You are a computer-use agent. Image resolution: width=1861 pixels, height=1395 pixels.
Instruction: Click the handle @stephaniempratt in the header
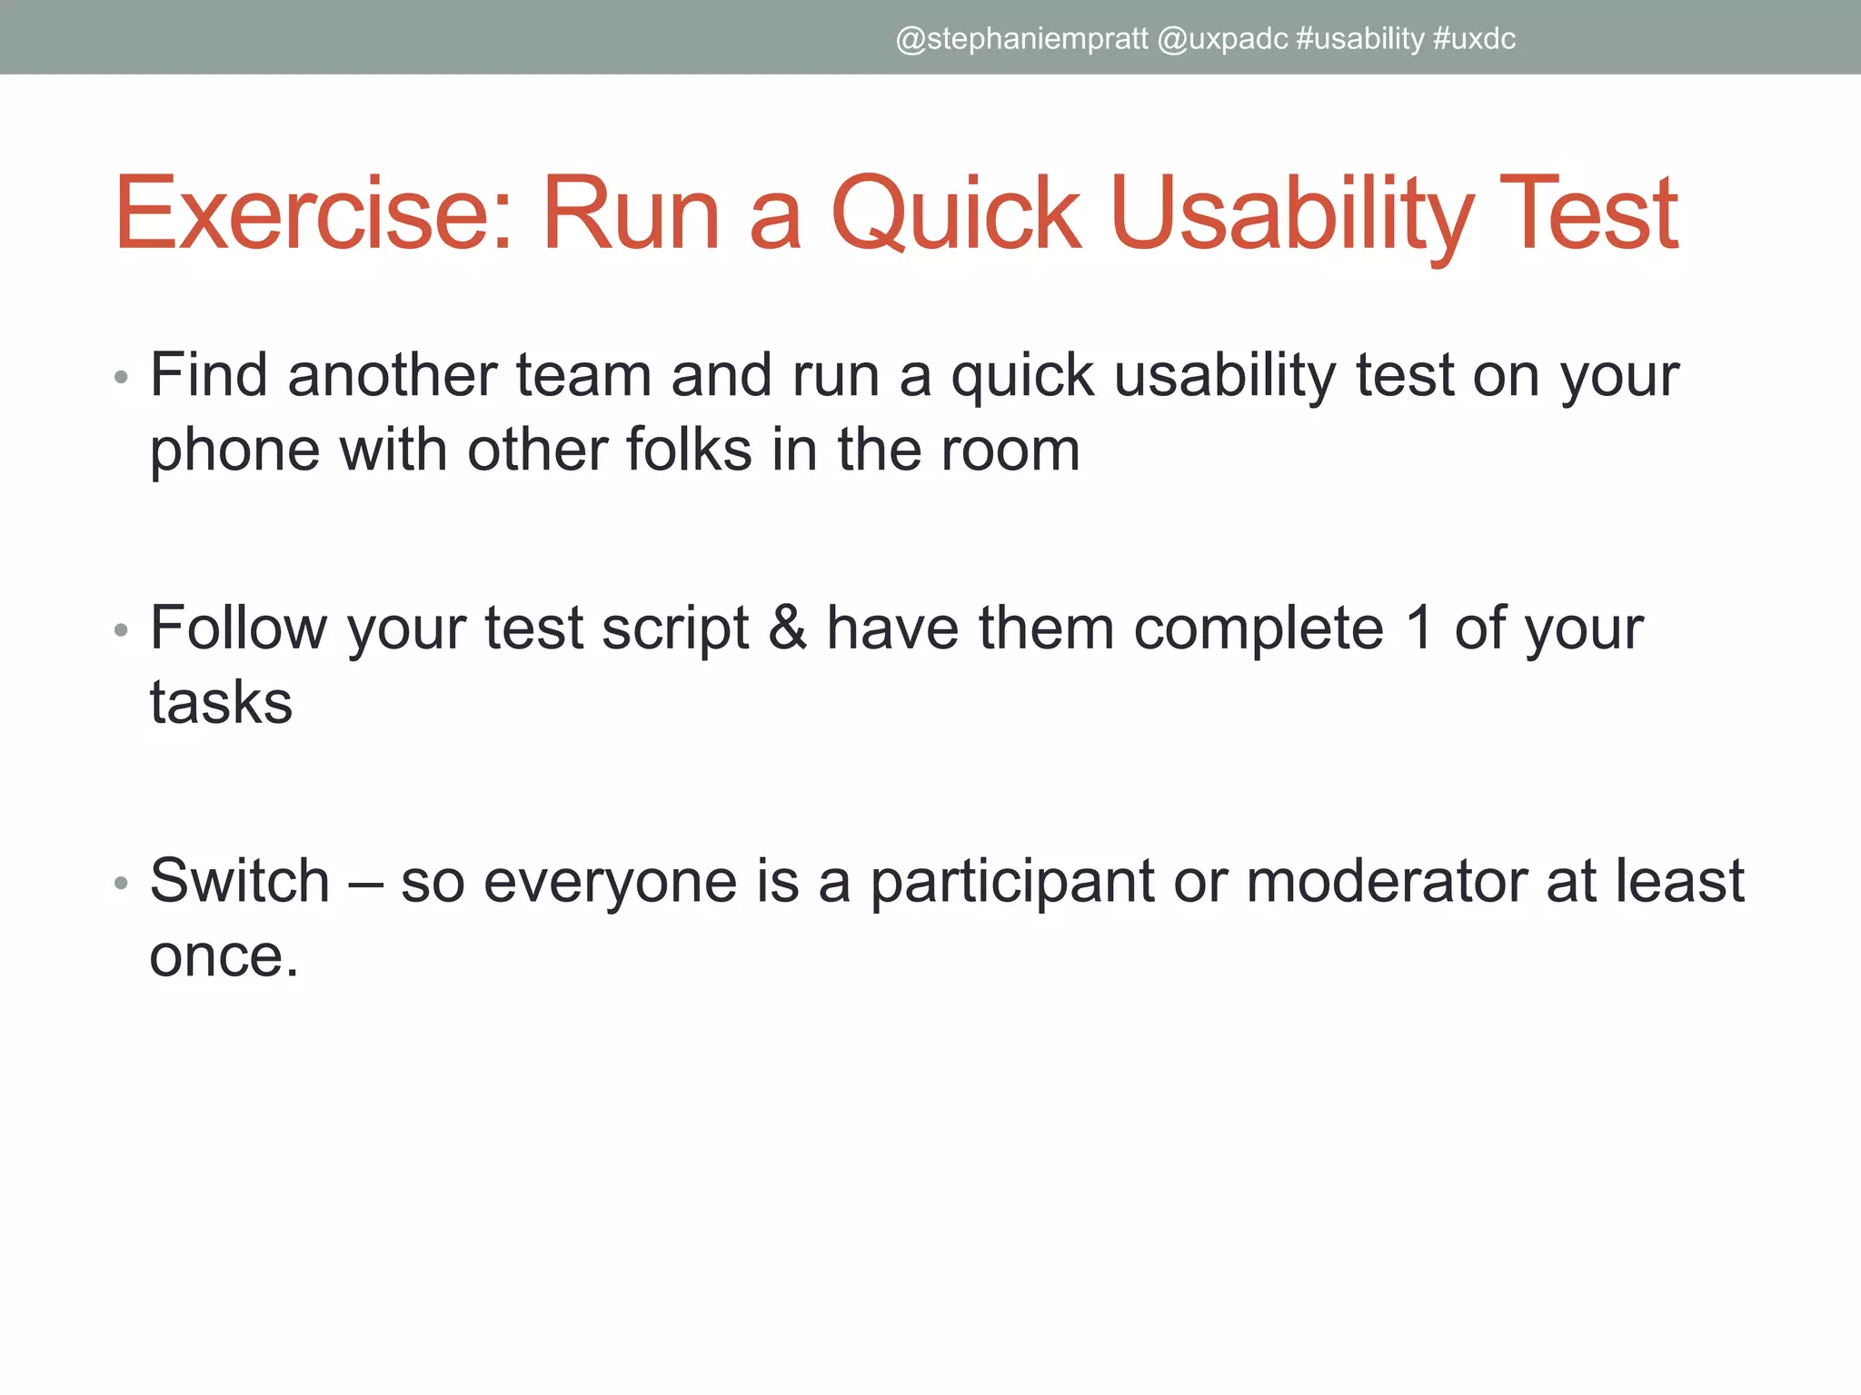[1021, 39]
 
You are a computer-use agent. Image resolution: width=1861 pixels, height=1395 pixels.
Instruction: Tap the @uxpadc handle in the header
[1222, 39]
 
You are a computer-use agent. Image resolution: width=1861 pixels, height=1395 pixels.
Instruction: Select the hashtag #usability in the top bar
[1360, 39]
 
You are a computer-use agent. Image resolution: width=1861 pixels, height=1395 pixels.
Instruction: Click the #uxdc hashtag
[1474, 39]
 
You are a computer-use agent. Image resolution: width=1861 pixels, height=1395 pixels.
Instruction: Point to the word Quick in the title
[957, 214]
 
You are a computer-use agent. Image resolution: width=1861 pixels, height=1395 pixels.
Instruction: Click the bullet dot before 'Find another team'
[122, 378]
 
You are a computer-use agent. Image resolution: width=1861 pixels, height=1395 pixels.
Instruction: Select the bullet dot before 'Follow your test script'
[122, 630]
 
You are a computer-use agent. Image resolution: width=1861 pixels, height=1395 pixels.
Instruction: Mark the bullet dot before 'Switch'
[122, 883]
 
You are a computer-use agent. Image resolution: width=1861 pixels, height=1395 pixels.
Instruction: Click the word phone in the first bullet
[234, 451]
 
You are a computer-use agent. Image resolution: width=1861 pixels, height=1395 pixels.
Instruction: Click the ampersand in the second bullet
[787, 628]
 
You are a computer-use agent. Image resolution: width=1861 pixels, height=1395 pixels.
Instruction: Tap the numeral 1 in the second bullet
[1419, 628]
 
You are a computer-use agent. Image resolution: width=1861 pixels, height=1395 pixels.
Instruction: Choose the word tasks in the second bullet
[221, 703]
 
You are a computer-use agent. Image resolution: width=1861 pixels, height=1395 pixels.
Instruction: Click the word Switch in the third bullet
[240, 881]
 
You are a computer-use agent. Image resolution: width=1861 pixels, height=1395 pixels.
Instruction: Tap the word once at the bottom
[224, 956]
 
